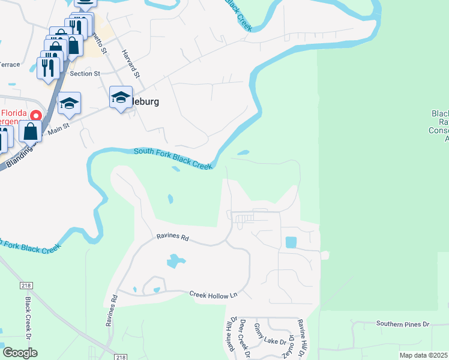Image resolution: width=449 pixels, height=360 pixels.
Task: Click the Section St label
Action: [x=85, y=74]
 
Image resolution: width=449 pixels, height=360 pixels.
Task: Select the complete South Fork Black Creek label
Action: [x=173, y=159]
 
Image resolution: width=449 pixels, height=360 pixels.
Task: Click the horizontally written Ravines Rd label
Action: [x=173, y=238]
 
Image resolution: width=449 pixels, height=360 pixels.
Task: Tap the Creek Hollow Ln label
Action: [x=214, y=295]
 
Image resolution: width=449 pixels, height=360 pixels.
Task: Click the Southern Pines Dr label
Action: [x=403, y=324]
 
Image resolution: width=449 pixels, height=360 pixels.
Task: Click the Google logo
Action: [x=20, y=353]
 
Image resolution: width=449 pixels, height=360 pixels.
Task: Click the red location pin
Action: [x=35, y=115]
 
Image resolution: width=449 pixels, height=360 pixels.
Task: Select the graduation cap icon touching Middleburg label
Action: [x=121, y=98]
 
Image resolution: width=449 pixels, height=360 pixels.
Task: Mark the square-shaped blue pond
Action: [x=291, y=242]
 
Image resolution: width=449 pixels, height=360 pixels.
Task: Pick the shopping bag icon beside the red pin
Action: [x=30, y=131]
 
